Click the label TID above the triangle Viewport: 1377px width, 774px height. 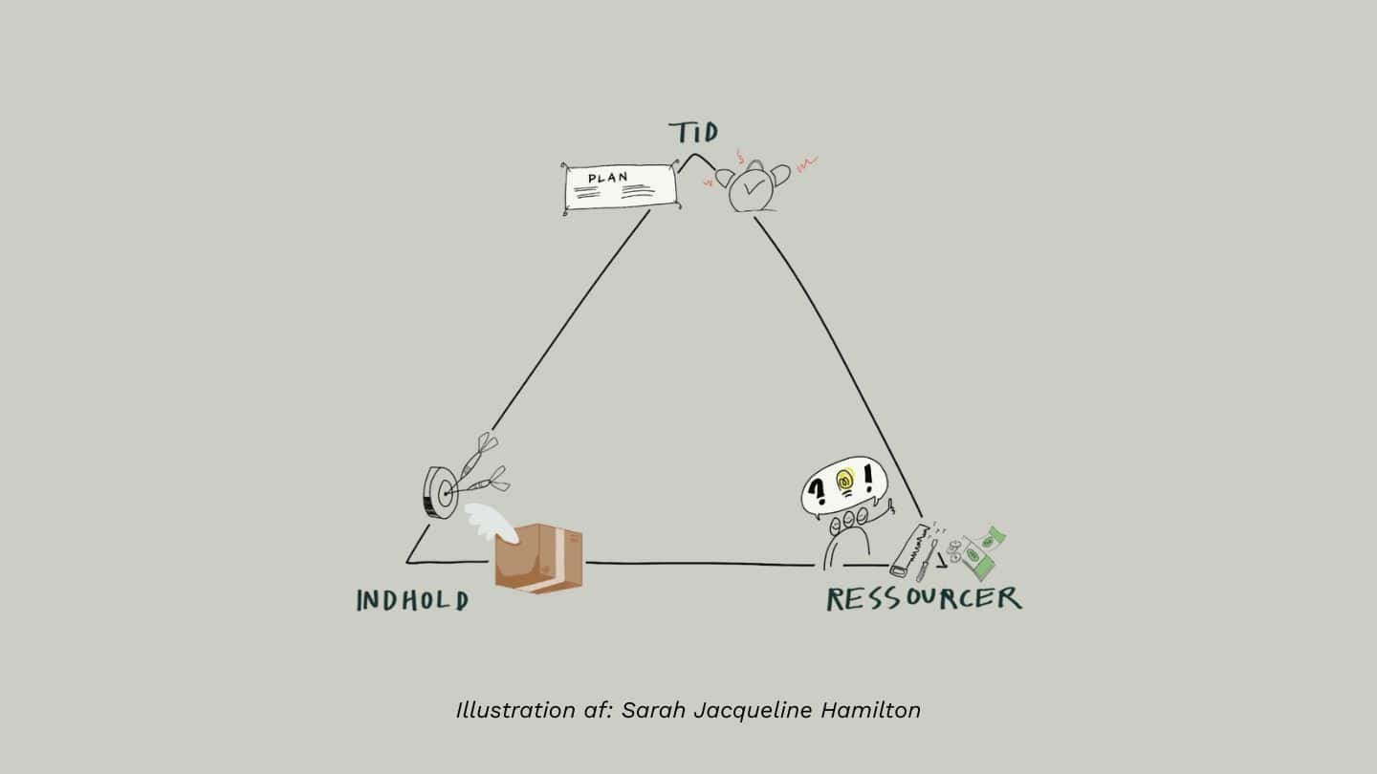tap(693, 132)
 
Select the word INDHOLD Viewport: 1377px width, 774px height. tap(412, 600)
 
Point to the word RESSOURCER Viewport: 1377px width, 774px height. tap(923, 599)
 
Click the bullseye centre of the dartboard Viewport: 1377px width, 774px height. tap(444, 494)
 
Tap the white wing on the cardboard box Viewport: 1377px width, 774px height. tap(491, 522)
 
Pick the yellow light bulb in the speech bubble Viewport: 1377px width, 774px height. tap(843, 482)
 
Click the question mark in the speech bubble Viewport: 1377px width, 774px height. tap(818, 491)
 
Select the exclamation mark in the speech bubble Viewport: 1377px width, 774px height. tap(869, 478)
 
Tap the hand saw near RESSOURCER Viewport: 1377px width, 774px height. tap(906, 550)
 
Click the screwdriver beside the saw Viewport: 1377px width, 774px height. tap(926, 560)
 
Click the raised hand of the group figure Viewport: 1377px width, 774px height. tap(888, 505)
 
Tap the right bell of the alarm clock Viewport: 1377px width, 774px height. tap(780, 174)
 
